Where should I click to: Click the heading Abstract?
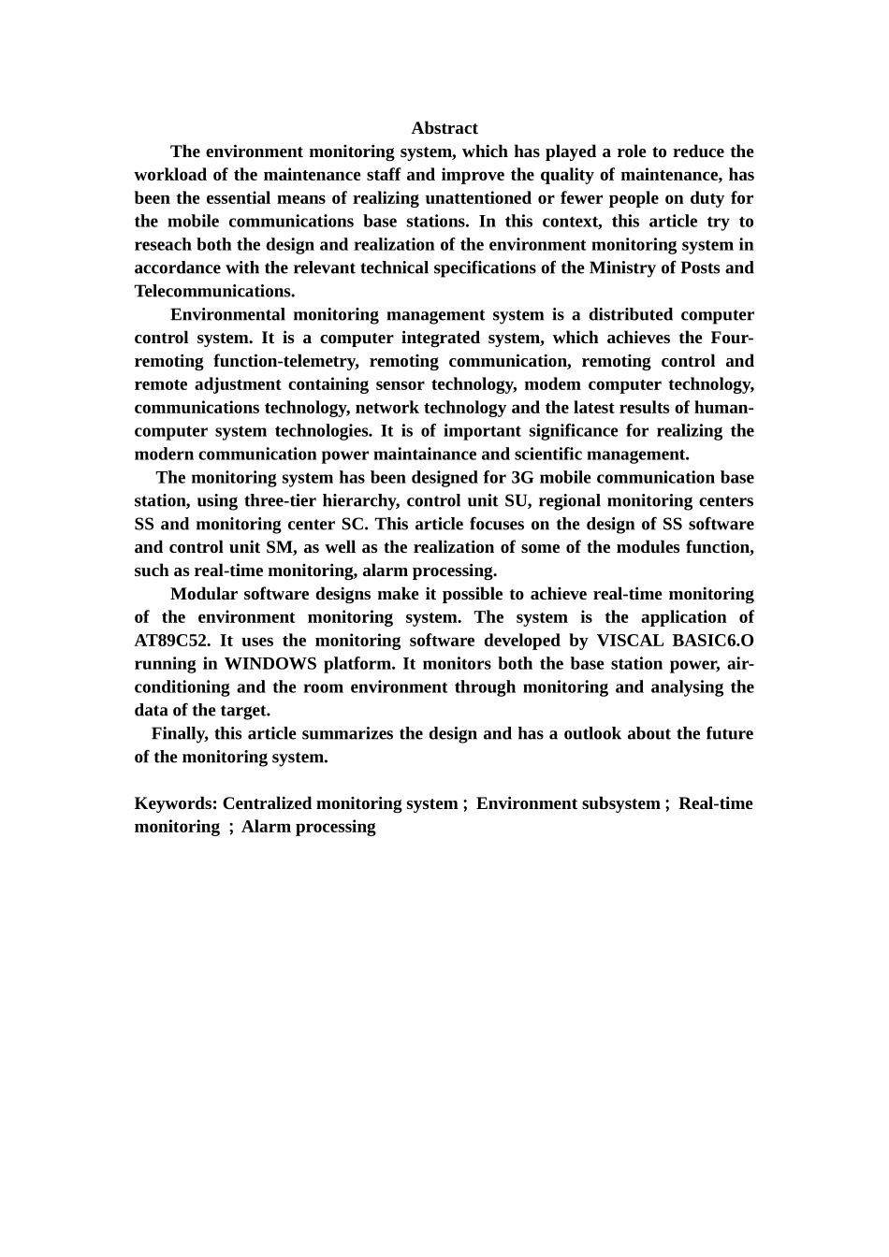point(444,128)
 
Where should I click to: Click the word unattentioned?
point(475,198)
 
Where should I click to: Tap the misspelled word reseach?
point(163,245)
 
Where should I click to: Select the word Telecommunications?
point(212,291)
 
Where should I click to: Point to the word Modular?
point(204,594)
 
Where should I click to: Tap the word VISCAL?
point(630,641)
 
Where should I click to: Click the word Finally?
point(180,733)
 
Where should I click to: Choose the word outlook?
point(585,733)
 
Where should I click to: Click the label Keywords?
point(176,803)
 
